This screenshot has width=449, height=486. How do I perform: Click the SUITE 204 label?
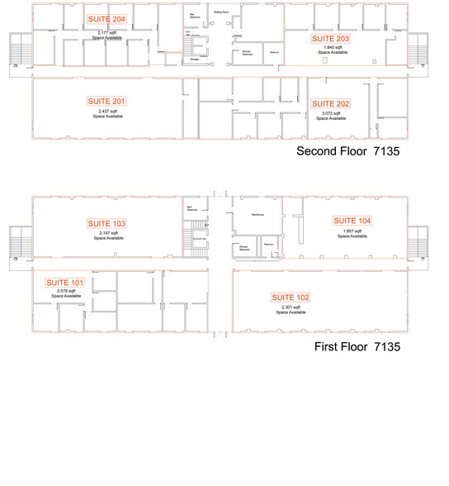(x=106, y=19)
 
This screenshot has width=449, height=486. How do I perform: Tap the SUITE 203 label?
(x=329, y=39)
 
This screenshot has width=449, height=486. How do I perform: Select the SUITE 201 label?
(x=106, y=101)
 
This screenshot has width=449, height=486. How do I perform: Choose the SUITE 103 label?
(x=106, y=224)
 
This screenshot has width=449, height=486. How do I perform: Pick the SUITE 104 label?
(x=352, y=221)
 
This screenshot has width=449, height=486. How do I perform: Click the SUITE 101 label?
(x=64, y=283)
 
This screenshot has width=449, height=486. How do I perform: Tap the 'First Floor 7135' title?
(x=357, y=348)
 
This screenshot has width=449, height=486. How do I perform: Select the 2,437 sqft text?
(x=107, y=110)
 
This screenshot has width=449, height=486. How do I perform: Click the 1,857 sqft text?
(x=352, y=231)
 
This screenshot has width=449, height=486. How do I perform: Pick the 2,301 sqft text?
(x=291, y=307)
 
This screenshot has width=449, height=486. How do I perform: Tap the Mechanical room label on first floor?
(x=252, y=213)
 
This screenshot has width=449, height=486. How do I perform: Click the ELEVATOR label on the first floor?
(x=198, y=238)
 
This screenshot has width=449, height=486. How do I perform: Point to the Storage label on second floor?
(x=195, y=59)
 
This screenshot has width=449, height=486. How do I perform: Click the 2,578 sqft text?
(x=64, y=292)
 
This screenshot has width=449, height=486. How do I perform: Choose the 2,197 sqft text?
(x=107, y=233)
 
